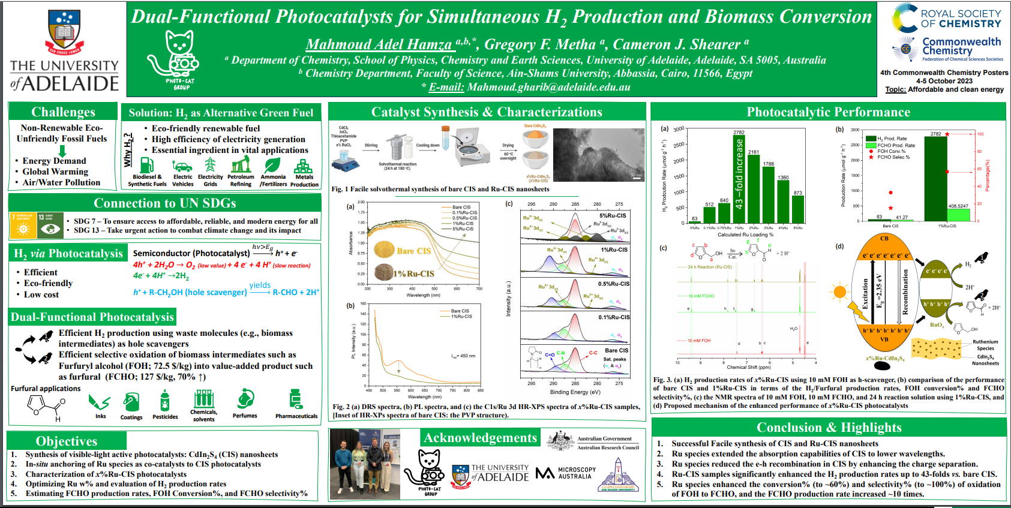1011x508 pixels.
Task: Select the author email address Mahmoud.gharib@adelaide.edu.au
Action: pyautogui.click(x=548, y=87)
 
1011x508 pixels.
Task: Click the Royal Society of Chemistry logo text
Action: pyautogui.click(x=961, y=19)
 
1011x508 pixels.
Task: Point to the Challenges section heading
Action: pyautogui.click(x=63, y=112)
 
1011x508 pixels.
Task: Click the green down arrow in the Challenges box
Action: pyautogui.click(x=62, y=151)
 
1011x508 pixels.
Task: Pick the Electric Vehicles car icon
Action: pyautogui.click(x=182, y=166)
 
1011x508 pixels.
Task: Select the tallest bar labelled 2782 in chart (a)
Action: pyautogui.click(x=739, y=179)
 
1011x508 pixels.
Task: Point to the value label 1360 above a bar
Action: pyautogui.click(x=783, y=178)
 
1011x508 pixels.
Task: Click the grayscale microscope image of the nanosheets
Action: pyautogui.click(x=598, y=155)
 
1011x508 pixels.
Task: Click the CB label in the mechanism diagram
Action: pyautogui.click(x=884, y=238)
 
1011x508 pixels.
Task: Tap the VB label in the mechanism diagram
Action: pyautogui.click(x=884, y=339)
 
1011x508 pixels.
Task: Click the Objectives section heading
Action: pyautogui.click(x=66, y=441)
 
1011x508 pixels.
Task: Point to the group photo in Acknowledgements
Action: pyautogui.click(x=365, y=464)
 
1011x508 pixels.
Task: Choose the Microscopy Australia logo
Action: pyautogui.click(x=566, y=473)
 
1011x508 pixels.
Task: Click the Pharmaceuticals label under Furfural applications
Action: pyautogui.click(x=296, y=416)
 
